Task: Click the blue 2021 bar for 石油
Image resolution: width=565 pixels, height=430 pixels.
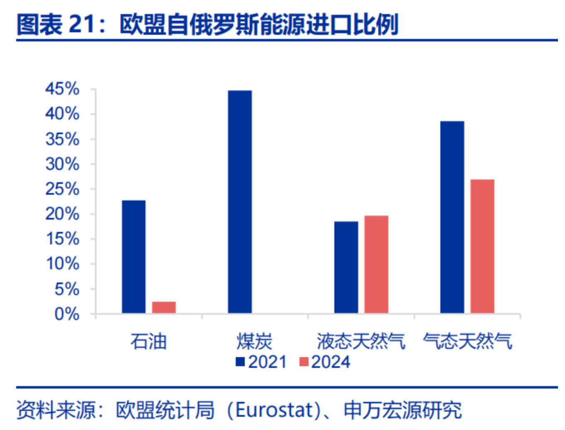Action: [x=133, y=256]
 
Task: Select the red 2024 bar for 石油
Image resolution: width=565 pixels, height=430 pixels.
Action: [x=164, y=307]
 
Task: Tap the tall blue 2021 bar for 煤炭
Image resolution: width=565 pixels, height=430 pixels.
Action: [x=239, y=201]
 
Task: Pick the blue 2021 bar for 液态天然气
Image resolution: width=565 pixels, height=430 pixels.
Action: [x=346, y=267]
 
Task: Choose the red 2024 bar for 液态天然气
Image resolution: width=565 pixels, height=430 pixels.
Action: [x=376, y=264]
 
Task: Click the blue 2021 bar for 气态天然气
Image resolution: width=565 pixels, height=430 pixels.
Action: [x=452, y=217]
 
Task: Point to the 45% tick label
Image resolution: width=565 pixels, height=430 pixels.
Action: [x=62, y=89]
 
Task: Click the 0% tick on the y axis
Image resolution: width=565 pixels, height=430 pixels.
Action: [x=67, y=314]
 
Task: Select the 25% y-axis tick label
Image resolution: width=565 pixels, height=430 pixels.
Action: [x=62, y=189]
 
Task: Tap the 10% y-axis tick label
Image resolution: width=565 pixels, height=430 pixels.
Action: [x=62, y=263]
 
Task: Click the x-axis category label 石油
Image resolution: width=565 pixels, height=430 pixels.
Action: [x=148, y=341]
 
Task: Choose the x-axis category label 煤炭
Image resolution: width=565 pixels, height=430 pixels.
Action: [x=254, y=341]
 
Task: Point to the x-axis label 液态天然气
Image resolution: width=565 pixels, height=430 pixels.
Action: [x=361, y=341]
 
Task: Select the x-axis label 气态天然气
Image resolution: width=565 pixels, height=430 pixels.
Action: [x=467, y=341]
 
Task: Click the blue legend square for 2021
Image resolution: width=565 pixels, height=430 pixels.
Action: [x=240, y=362]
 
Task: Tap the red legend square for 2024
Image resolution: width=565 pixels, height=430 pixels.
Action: [x=304, y=362]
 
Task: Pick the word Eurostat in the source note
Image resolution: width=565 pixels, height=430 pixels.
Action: [x=273, y=410]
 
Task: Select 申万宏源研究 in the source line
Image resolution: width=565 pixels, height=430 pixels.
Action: [x=403, y=410]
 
